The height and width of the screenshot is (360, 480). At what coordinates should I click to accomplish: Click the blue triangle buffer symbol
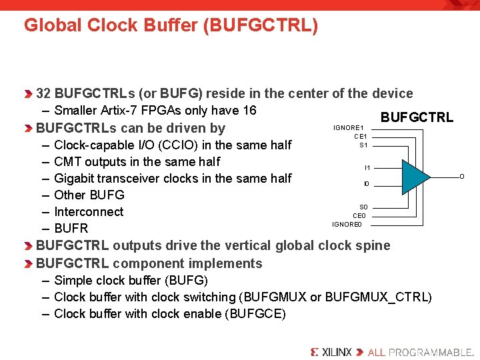(x=415, y=175)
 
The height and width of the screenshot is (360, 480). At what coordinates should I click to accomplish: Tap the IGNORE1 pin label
(x=348, y=127)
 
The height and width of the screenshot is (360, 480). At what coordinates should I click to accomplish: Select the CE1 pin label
(x=361, y=137)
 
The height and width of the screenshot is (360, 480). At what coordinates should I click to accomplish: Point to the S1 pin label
(x=363, y=145)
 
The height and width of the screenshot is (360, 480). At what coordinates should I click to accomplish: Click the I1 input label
(x=367, y=168)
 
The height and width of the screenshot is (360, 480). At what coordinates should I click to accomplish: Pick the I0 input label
(x=367, y=184)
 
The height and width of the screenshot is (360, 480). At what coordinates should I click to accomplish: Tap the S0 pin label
(x=363, y=207)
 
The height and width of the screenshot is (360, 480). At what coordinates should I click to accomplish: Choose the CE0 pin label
(x=359, y=216)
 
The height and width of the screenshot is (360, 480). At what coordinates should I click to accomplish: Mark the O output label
(x=462, y=176)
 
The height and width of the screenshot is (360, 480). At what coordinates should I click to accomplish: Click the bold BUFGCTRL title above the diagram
(x=417, y=118)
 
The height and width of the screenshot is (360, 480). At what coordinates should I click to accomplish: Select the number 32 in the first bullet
(x=44, y=93)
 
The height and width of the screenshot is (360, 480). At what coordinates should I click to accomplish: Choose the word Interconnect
(x=89, y=211)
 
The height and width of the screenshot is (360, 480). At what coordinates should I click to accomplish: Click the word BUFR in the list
(x=71, y=229)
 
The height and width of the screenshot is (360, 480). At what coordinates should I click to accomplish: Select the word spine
(x=373, y=245)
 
